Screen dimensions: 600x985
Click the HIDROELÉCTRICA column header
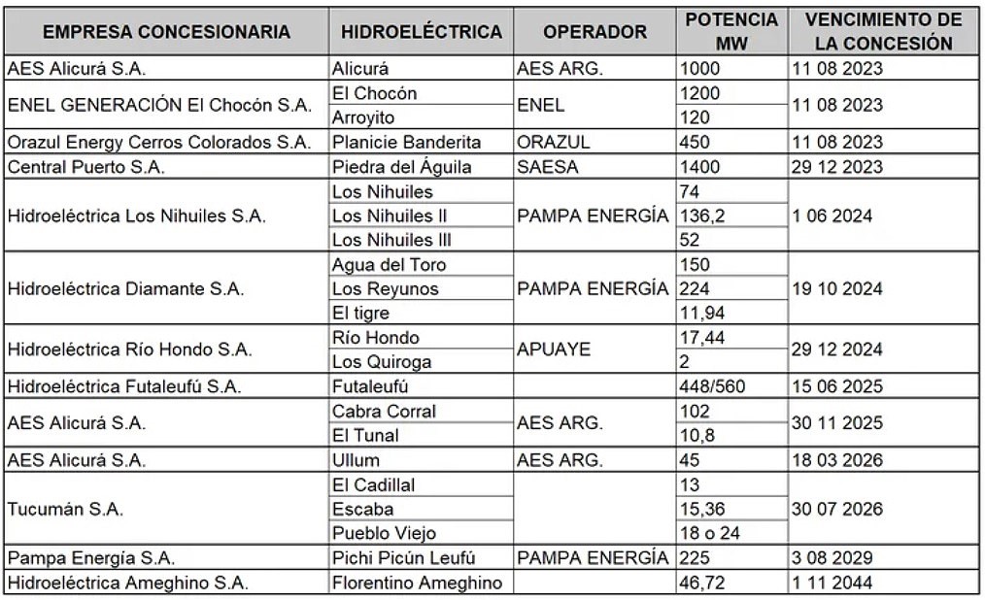click(x=422, y=32)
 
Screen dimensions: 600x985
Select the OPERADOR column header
click(x=594, y=32)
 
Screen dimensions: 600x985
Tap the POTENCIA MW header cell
click(x=731, y=32)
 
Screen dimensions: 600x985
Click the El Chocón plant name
click(x=374, y=93)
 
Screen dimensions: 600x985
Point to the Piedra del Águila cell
click(x=401, y=167)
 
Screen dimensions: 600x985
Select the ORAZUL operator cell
click(x=554, y=142)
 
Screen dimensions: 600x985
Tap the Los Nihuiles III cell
click(x=391, y=240)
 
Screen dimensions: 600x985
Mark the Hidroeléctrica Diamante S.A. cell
click(x=125, y=288)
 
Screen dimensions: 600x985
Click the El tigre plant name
click(x=358, y=314)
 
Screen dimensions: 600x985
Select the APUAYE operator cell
click(x=554, y=350)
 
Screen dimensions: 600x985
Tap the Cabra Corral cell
click(x=384, y=411)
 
